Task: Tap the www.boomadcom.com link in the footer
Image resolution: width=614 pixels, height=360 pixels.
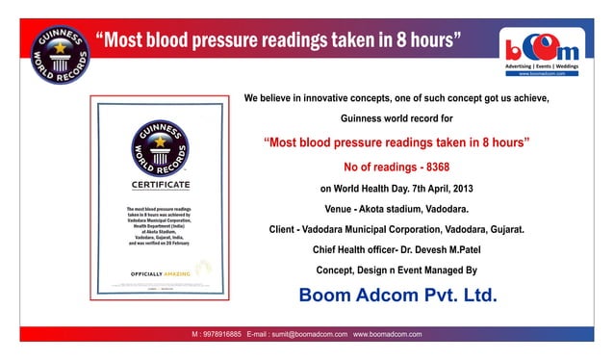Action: click(388, 334)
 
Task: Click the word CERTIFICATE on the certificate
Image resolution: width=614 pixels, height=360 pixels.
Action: click(160, 184)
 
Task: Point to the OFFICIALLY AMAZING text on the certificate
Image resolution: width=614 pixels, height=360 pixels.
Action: click(160, 273)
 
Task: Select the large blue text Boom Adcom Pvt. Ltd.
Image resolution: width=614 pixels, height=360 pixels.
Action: click(397, 295)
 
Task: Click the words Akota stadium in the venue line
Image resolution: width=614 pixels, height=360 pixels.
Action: click(401, 208)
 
